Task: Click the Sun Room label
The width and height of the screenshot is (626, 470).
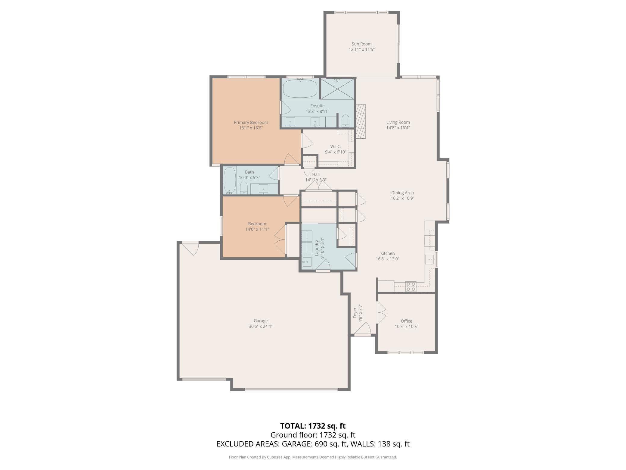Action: (361, 44)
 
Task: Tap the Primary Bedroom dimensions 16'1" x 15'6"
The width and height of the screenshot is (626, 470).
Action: (251, 128)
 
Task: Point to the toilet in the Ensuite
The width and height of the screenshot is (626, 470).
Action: (345, 121)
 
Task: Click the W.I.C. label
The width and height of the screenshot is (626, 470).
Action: (335, 146)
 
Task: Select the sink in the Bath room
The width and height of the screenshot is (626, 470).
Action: (263, 189)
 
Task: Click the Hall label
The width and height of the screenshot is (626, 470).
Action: (316, 174)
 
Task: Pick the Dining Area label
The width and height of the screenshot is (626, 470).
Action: (402, 193)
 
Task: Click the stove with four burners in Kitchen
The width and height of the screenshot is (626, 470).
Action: (411, 286)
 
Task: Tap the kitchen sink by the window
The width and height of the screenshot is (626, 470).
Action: (429, 259)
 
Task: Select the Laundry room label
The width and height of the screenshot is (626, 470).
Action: (317, 248)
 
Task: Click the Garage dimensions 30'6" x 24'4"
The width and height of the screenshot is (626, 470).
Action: (260, 326)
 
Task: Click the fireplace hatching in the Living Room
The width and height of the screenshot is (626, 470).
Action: (360, 122)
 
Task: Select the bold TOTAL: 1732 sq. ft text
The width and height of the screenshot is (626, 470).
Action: (313, 426)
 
